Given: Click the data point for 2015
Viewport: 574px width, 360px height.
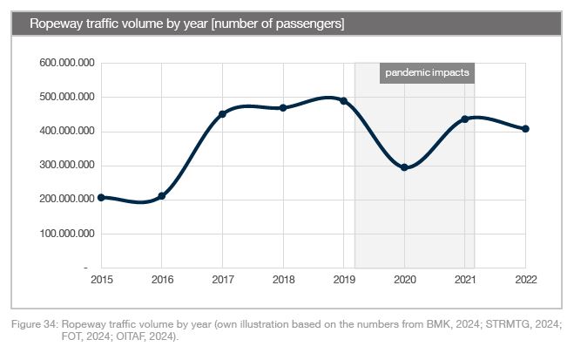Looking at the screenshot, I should click(102, 198).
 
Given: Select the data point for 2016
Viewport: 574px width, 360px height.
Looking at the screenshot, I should click(162, 196).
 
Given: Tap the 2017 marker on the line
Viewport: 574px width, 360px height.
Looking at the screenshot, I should click(222, 114).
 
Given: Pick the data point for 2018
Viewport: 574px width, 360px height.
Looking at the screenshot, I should click(283, 108).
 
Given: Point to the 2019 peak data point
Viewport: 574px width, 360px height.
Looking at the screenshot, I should click(343, 101).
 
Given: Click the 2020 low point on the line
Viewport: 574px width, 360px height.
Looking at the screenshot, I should click(404, 167).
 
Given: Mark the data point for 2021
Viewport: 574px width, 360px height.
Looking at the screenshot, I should click(464, 119).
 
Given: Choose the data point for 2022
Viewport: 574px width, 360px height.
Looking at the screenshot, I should click(525, 129).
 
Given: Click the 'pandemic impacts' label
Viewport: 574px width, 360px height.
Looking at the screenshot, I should click(428, 73).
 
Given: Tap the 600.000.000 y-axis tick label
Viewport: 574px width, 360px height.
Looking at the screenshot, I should click(67, 64).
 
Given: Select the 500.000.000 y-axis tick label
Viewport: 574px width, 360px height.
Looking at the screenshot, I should click(67, 98).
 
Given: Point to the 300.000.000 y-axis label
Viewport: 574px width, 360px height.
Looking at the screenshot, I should click(67, 166).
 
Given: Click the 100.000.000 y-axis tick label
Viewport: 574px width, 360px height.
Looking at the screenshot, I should click(67, 234).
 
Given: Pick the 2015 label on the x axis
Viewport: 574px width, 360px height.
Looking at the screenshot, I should click(102, 281).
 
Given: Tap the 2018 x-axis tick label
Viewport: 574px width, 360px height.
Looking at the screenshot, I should click(283, 281).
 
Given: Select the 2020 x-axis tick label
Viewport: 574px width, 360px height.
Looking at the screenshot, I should click(404, 281).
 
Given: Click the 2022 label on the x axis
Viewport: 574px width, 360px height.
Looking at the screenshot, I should click(525, 281).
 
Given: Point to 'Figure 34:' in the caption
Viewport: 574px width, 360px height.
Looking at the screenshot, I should click(36, 324).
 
